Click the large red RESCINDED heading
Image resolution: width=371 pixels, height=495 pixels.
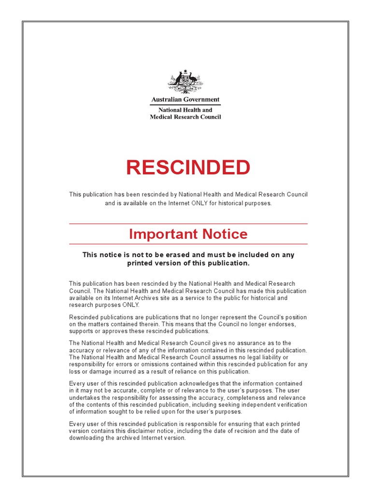click(x=188, y=168)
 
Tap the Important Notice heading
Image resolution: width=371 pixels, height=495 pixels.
click(x=188, y=234)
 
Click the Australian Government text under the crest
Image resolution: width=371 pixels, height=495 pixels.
click(x=185, y=100)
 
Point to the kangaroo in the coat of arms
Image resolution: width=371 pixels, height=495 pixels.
click(x=178, y=78)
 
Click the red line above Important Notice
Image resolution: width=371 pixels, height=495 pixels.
click(x=188, y=224)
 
